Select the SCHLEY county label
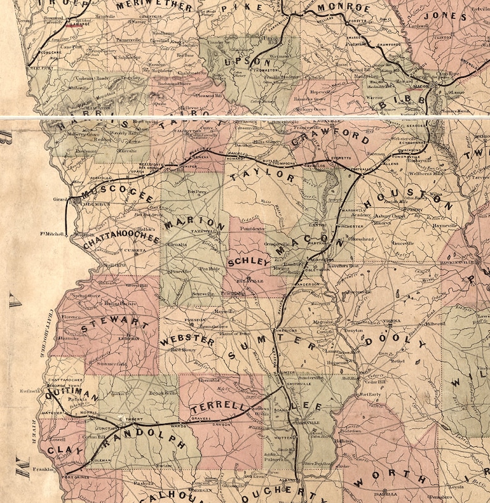(249, 262)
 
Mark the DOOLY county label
(395, 343)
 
